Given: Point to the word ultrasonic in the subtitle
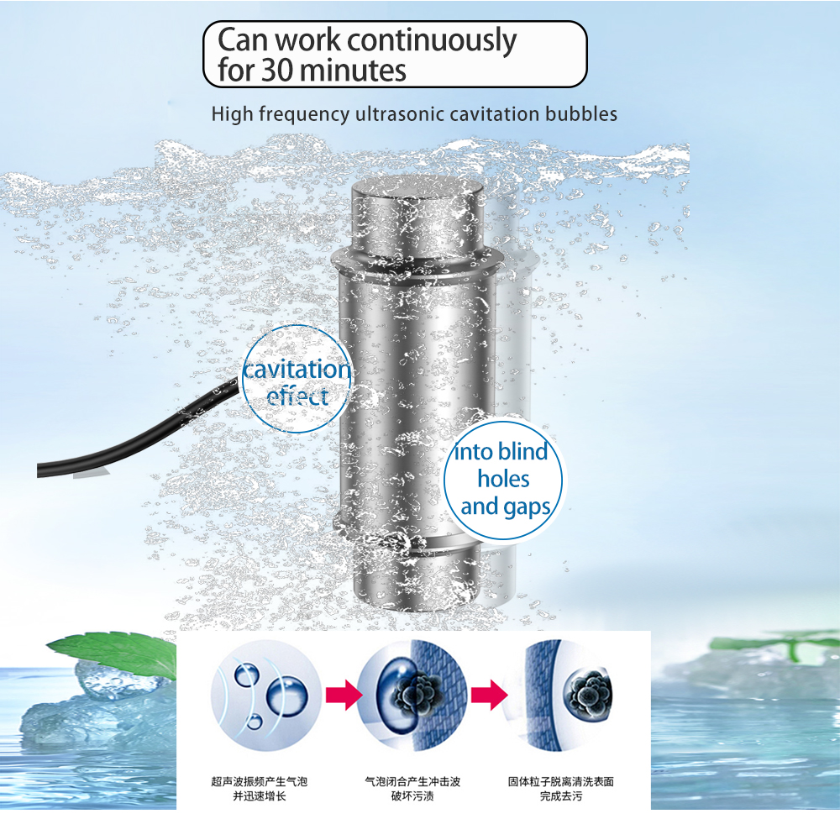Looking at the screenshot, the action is pos(399,114).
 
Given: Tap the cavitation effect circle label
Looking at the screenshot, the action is pos(297,379).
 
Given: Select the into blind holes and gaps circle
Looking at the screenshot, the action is pos(503,480).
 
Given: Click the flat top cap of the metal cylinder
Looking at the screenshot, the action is pos(417,191).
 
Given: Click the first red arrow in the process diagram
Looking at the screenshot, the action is pos(344,695).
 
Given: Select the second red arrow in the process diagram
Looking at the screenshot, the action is pos(490,695).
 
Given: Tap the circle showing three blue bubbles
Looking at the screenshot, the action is pos(265,695).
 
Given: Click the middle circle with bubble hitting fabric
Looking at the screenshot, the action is pos(412,695).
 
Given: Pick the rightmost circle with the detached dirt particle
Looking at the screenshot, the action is pos(559,695).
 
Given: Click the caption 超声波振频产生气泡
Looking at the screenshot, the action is pos(260,781).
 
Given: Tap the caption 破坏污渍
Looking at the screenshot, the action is pos(412,796).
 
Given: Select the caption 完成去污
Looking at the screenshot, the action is pos(561,796).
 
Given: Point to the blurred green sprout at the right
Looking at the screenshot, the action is pos(777,643).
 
